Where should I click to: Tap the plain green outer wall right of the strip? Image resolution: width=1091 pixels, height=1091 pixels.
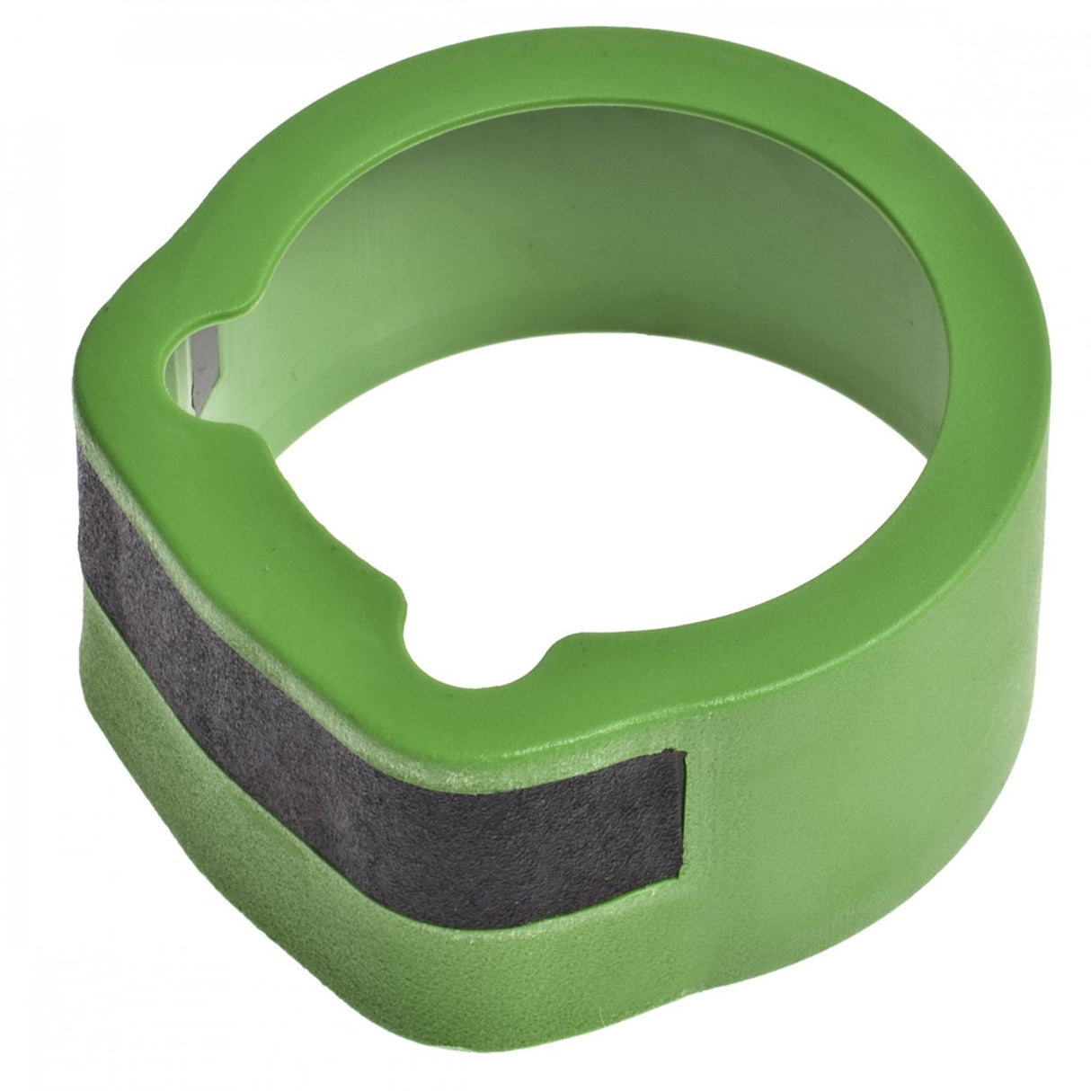854,764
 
